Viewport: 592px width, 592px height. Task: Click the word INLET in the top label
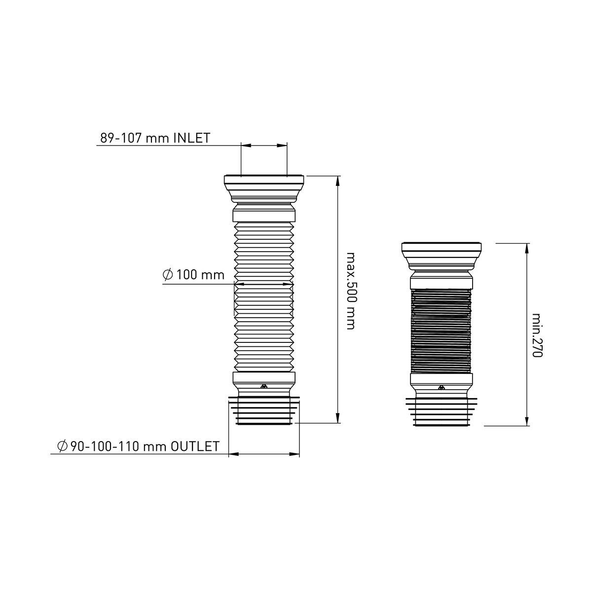(x=192, y=138)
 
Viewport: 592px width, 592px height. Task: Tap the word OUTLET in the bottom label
(x=195, y=446)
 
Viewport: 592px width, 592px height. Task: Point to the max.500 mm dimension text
(x=351, y=291)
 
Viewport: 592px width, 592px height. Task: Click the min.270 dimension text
(x=537, y=335)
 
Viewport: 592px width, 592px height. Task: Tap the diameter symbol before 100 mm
(x=168, y=275)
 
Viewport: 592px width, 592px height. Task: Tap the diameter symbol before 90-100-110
(x=62, y=446)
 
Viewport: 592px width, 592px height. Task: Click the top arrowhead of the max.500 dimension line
(x=337, y=181)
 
